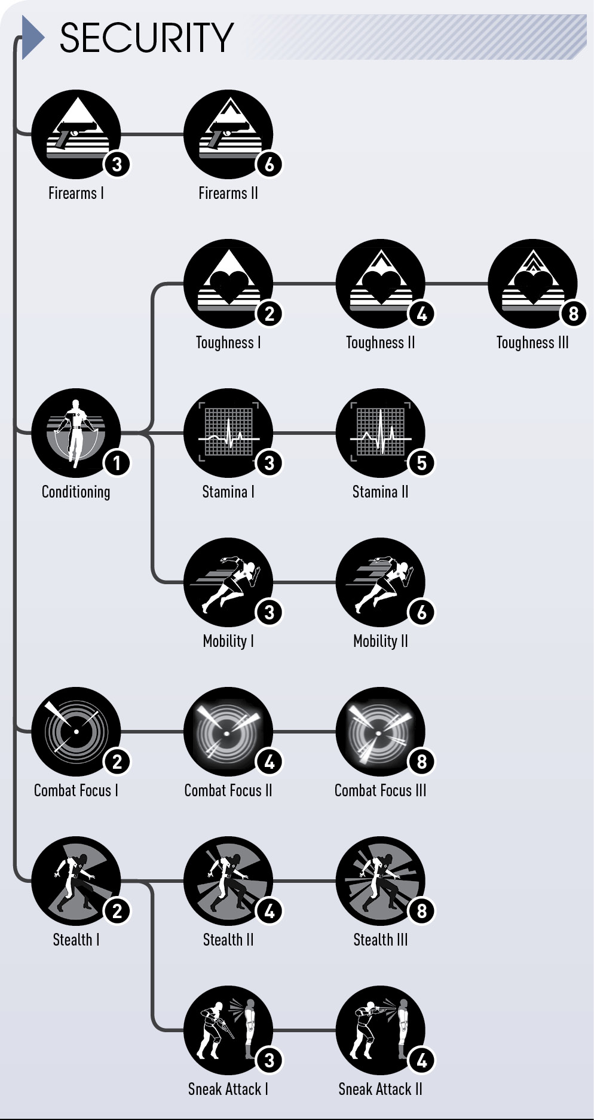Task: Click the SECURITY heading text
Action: [146, 38]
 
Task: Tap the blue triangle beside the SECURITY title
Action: [33, 38]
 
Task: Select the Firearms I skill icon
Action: [76, 134]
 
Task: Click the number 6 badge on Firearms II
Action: [270, 164]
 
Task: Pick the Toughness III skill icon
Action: [532, 284]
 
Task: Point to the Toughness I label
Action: [228, 343]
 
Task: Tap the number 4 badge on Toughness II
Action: [422, 314]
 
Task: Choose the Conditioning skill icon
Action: [76, 433]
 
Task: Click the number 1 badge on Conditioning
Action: [117, 463]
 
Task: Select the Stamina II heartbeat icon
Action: [381, 433]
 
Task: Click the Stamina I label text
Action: [228, 492]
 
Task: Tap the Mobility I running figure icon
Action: [228, 582]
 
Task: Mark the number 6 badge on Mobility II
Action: [422, 612]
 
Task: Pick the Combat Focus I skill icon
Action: [76, 732]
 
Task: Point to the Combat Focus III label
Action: [381, 791]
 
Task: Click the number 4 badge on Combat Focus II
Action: [270, 762]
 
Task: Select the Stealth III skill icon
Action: [381, 881]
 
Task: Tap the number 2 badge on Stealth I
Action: [117, 911]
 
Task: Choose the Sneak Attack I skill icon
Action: [228, 1030]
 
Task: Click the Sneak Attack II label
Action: [381, 1090]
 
